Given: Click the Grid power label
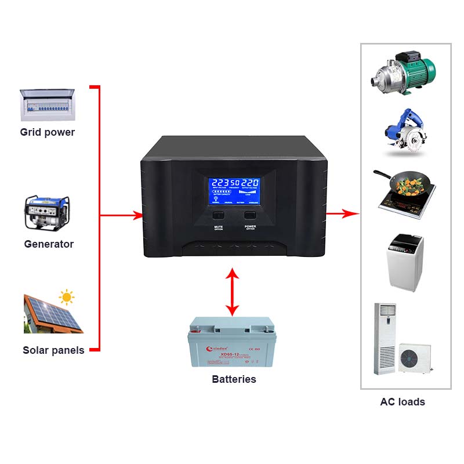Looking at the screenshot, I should coord(48,132).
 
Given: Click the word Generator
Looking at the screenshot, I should coord(49,244).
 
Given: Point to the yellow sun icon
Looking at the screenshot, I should coord(67,298).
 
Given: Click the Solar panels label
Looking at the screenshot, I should coord(53,350).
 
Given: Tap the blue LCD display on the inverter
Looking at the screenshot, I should coord(234,190).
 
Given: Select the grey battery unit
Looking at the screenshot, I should coord(232,342).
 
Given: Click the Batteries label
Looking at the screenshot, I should coord(234,379).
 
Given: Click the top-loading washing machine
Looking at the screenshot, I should coord(405,262).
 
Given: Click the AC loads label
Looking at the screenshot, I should coord(403,402).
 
